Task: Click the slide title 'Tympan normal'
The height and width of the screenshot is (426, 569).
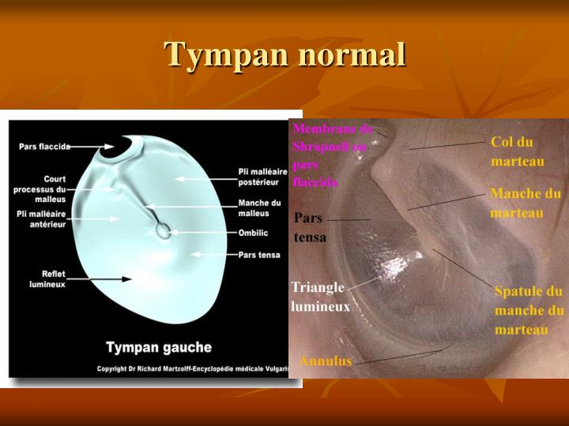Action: pos(284,55)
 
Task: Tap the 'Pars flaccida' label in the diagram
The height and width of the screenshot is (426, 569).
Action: pos(45,147)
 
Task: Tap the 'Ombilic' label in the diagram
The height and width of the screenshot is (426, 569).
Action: pos(253,234)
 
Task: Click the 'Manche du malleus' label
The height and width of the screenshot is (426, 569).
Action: pos(258,208)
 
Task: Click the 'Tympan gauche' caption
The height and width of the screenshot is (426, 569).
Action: pos(159,347)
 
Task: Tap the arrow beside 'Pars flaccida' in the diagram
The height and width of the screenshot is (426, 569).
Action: pos(93,147)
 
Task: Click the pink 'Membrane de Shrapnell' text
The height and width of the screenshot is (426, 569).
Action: pos(330,155)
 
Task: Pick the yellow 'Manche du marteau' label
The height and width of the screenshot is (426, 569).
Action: pos(526,204)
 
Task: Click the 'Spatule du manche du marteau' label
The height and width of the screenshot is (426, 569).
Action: pos(529,310)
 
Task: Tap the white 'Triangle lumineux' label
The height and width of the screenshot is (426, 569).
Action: pos(320,297)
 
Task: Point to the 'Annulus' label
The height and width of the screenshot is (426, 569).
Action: pos(325,361)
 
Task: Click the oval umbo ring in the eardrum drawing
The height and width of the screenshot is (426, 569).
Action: pos(163,230)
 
